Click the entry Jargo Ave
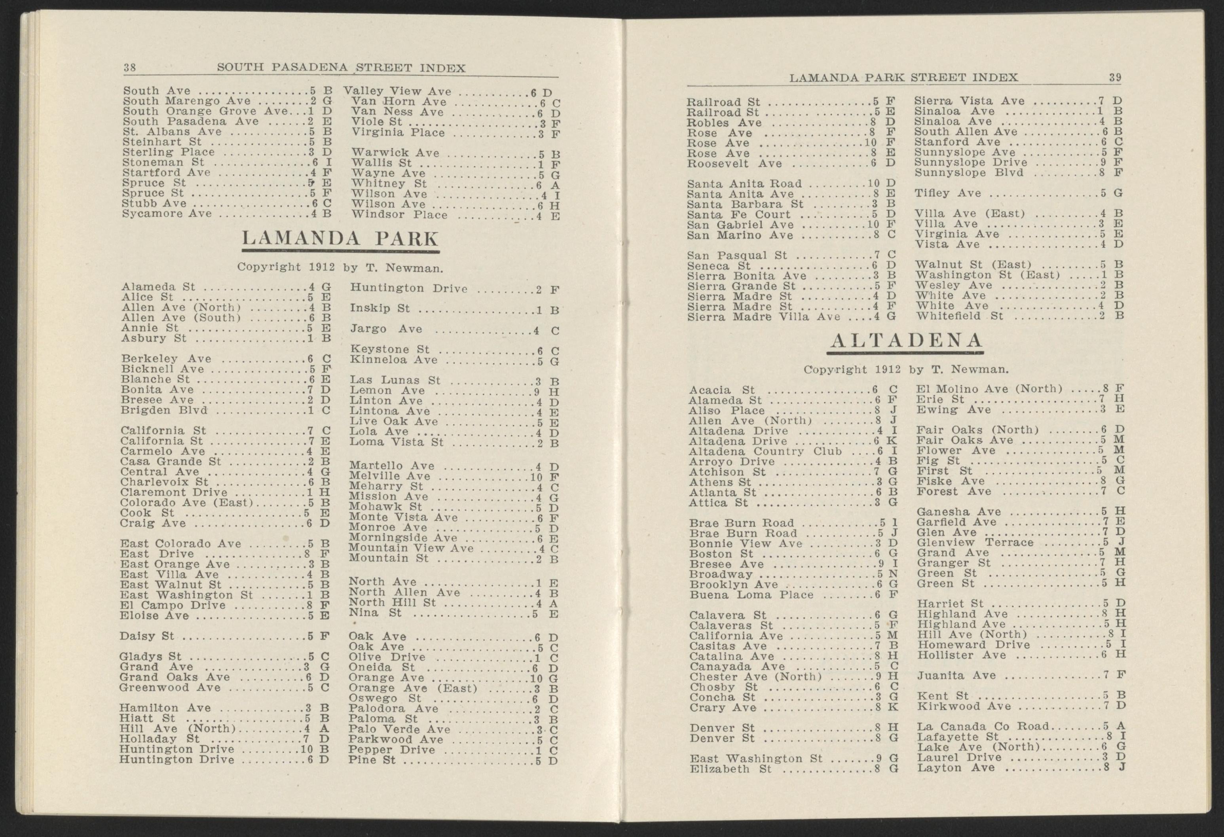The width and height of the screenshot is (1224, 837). pyautogui.click(x=386, y=329)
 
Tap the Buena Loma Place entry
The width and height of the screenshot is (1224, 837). pyautogui.click(x=751, y=595)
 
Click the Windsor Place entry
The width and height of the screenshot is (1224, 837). pyautogui.click(x=399, y=215)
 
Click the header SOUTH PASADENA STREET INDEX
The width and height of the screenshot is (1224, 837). pyautogui.click(x=341, y=68)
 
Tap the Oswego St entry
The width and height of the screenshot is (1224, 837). pyautogui.click(x=385, y=699)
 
